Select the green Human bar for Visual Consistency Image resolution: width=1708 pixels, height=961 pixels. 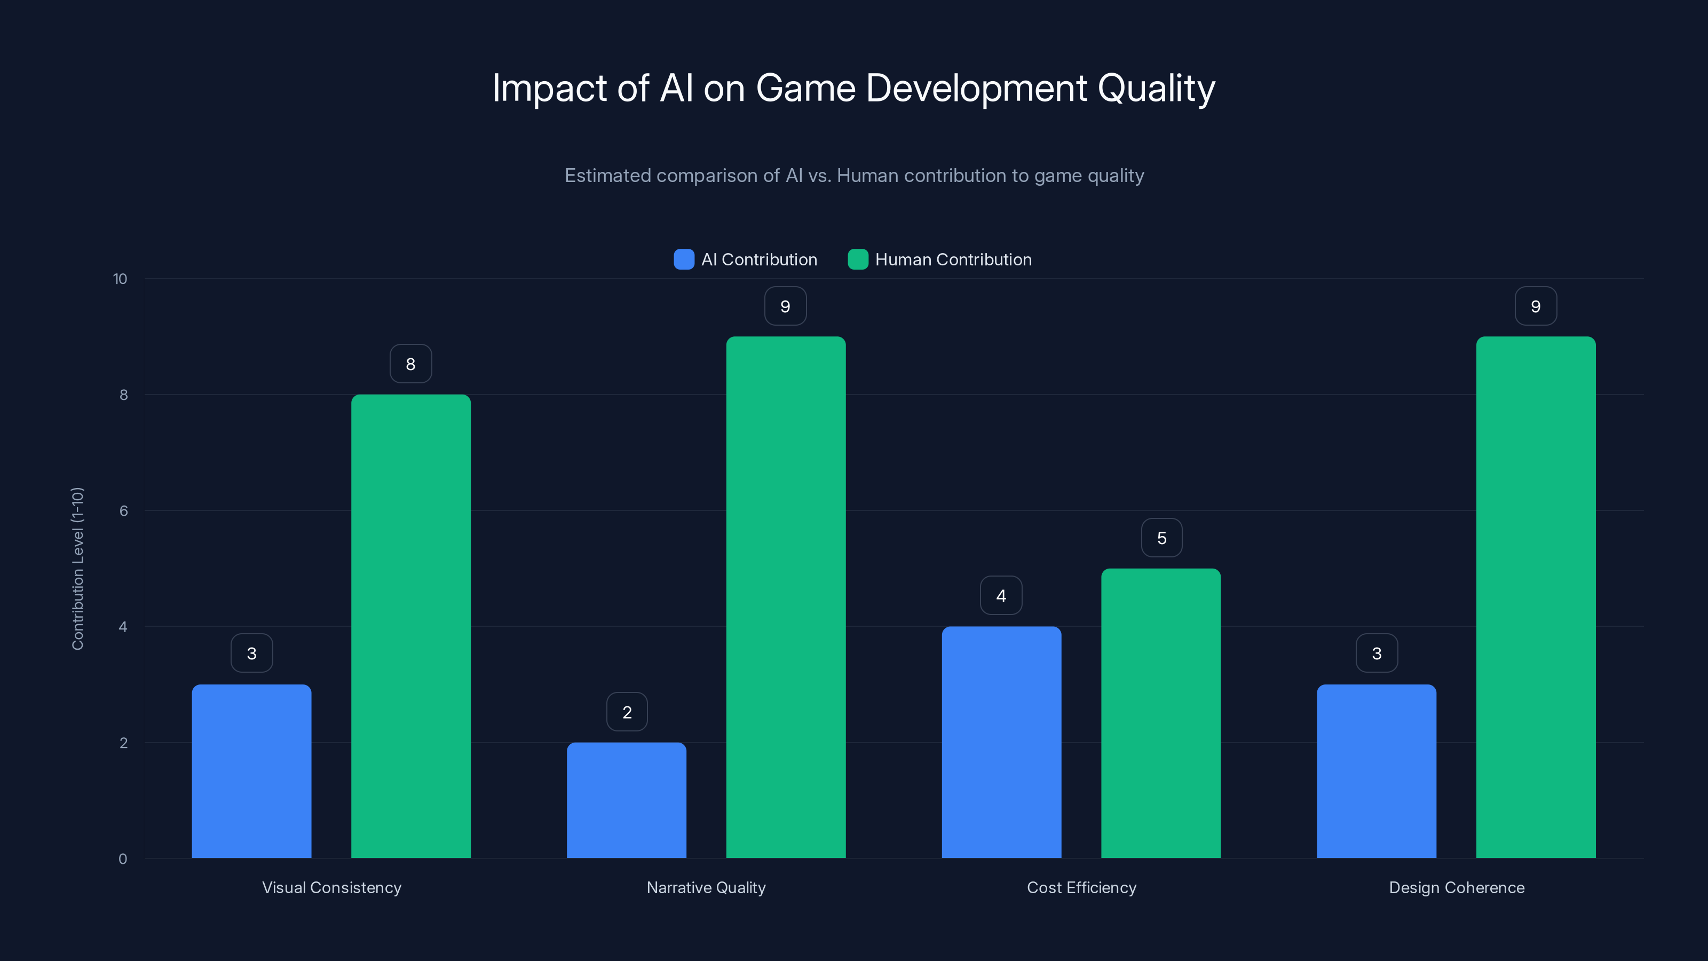(x=410, y=626)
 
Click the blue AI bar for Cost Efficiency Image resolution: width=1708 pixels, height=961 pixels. (x=1001, y=742)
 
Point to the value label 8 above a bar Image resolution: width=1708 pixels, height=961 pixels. (x=410, y=364)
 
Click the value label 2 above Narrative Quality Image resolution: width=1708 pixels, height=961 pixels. (x=627, y=712)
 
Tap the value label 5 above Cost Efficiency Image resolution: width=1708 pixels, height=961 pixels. (x=1161, y=538)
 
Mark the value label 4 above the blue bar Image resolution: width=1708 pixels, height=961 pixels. (x=1001, y=596)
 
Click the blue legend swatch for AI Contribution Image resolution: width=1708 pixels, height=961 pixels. (x=684, y=259)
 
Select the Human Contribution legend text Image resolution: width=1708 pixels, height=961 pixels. (x=953, y=259)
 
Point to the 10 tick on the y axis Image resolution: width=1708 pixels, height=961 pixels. (x=120, y=279)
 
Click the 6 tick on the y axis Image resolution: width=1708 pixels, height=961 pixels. (x=123, y=511)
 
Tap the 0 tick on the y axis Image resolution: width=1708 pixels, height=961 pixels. (x=123, y=859)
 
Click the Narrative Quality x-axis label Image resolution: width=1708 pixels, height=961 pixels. (x=706, y=887)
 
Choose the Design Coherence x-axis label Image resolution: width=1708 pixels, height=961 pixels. (x=1456, y=887)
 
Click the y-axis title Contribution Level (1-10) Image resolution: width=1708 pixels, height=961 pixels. (x=77, y=569)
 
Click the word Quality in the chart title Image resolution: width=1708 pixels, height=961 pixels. (x=1156, y=88)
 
